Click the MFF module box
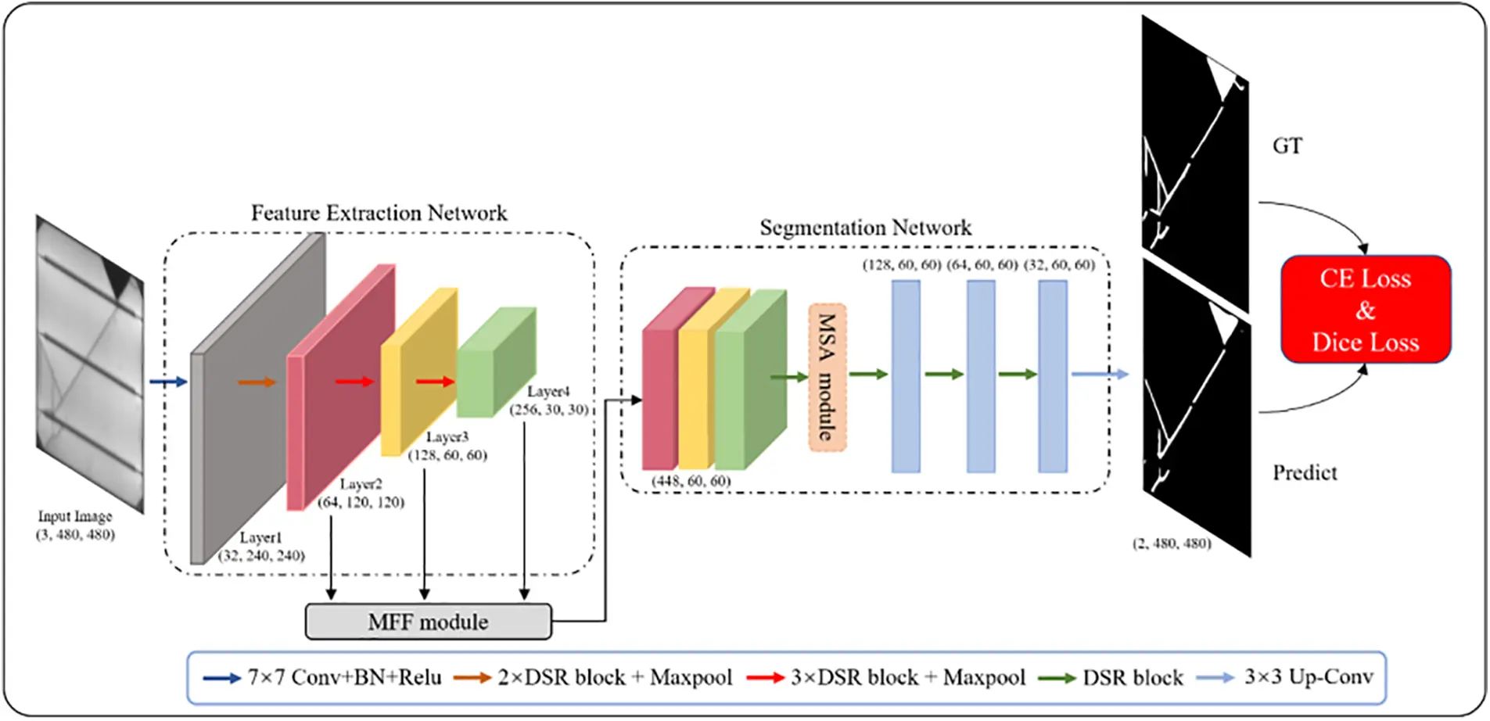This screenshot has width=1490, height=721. click(428, 622)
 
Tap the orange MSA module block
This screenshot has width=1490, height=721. click(827, 377)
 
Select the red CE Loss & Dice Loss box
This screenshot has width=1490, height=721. click(1365, 310)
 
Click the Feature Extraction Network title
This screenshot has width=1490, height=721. click(379, 213)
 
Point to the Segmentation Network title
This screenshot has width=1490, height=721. click(865, 228)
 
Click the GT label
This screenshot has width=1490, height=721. click(1287, 146)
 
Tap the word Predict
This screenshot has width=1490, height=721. click(1304, 472)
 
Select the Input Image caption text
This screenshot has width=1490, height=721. click(75, 516)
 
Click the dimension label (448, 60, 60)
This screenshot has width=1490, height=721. click(691, 481)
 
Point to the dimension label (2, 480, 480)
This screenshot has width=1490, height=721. click(1171, 543)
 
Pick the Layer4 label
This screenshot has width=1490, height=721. click(548, 391)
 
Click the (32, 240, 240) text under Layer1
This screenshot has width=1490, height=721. click(261, 555)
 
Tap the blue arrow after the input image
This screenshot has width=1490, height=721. click(168, 382)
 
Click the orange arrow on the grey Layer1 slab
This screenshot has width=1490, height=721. click(257, 382)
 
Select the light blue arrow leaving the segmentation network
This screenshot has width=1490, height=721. click(1099, 374)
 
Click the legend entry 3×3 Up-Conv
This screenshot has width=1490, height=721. click(1308, 676)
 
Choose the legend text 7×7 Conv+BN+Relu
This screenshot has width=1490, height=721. click(344, 677)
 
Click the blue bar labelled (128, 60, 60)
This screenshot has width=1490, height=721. click(905, 376)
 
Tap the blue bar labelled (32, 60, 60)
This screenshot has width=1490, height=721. click(1052, 376)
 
